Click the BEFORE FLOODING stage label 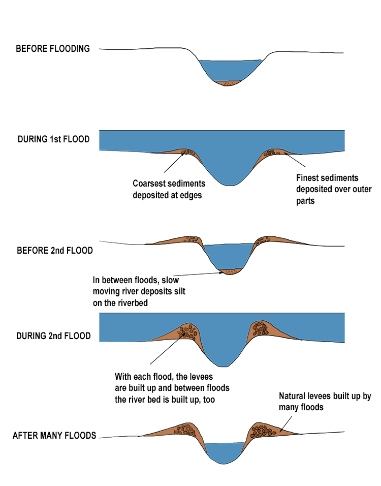tap(53, 49)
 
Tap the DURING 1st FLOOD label tap(54, 139)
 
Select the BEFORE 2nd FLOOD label tap(55, 251)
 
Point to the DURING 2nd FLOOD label tap(54, 336)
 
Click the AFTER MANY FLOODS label tap(54, 436)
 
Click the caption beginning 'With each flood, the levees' tap(172, 388)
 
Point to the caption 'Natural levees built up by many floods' tap(325, 402)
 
